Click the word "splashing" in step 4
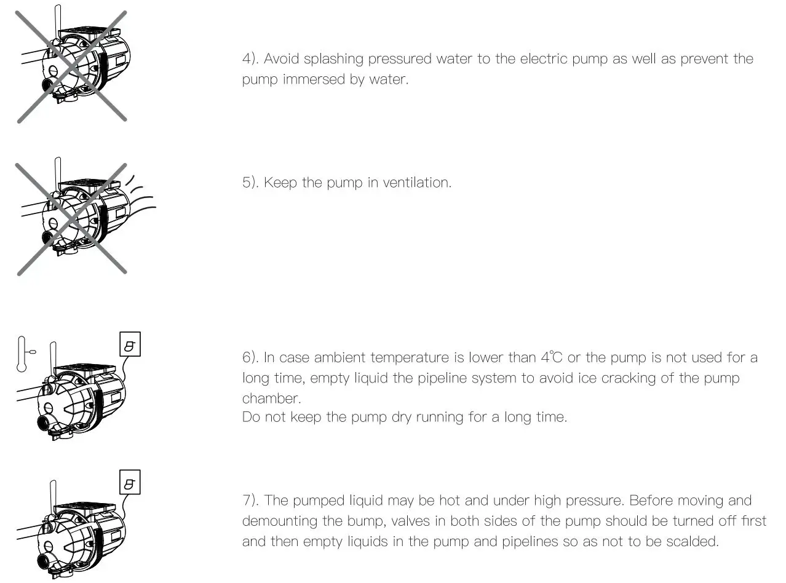coord(335,59)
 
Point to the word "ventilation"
coord(416,183)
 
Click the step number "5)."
coord(250,183)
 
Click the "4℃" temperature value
coord(552,357)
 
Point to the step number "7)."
coord(250,501)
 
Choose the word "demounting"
coord(279,522)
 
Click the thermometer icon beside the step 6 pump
coord(23,354)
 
